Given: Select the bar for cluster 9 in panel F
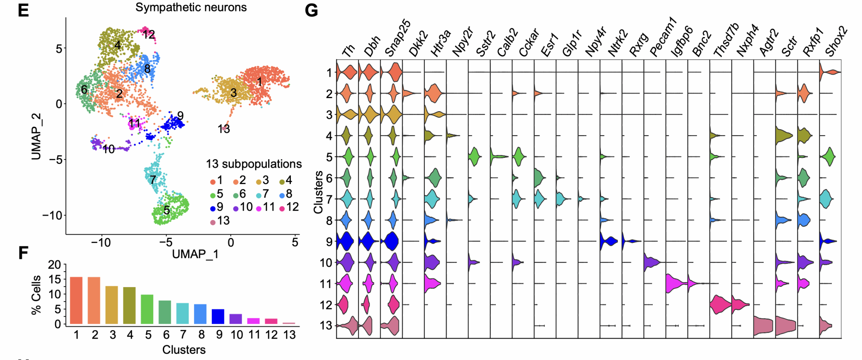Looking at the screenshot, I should pyautogui.click(x=218, y=316).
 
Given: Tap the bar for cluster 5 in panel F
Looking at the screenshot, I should pyautogui.click(x=147, y=309).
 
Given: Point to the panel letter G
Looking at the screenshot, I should pyautogui.click(x=311, y=10).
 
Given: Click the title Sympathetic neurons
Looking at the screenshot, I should pyautogui.click(x=191, y=7).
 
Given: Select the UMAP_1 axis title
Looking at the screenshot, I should pyautogui.click(x=195, y=254).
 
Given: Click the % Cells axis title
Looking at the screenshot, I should pyautogui.click(x=36, y=295).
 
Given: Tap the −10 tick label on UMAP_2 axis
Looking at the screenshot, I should pyautogui.click(x=52, y=216).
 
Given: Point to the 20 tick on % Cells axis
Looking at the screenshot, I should pyautogui.click(x=55, y=265).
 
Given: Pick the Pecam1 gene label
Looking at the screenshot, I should pyautogui.click(x=662, y=37).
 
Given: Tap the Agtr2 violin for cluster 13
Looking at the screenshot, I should pyautogui.click(x=763, y=326).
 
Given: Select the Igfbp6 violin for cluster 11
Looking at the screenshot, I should pyautogui.click(x=676, y=283).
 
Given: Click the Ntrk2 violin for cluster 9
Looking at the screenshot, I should pyautogui.click(x=608, y=241).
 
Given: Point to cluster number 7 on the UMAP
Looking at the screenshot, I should pyautogui.click(x=153, y=179).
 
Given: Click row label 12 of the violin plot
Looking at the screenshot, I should pyautogui.click(x=326, y=304).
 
